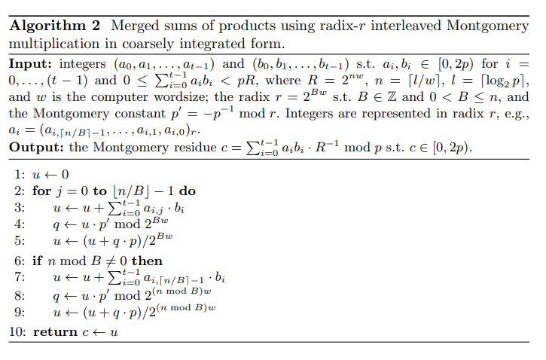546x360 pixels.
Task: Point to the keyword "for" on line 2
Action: tap(42, 191)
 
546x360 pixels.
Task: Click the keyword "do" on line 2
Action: tap(187, 191)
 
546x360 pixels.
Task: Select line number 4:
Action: tap(19, 224)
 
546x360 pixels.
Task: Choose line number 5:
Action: tap(19, 240)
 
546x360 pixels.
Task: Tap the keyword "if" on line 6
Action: tap(38, 261)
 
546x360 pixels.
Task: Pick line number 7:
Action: tap(19, 277)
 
